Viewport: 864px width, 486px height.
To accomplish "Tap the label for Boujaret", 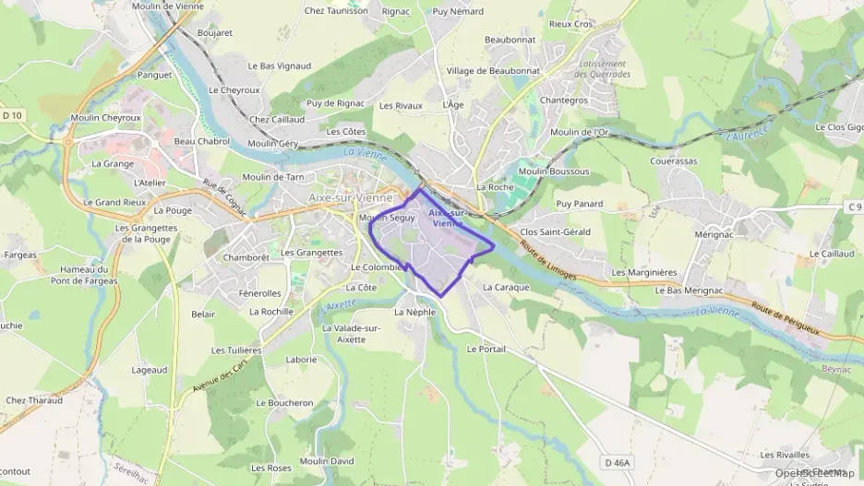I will (x=215, y=32).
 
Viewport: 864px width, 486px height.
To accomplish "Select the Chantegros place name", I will (x=564, y=100).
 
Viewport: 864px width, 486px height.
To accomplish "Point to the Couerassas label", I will (x=673, y=160).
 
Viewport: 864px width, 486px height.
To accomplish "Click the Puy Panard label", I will (x=579, y=204).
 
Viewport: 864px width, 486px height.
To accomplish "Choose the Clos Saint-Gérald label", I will (x=555, y=232).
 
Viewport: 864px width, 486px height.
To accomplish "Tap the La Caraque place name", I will (x=506, y=288).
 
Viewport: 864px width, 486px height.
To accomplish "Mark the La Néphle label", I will (x=414, y=313).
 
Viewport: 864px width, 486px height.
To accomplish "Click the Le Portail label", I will (x=486, y=350).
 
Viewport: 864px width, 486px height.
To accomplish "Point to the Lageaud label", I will (x=150, y=370).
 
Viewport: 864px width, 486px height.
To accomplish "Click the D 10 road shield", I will (x=12, y=115).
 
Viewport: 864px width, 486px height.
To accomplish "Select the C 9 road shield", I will (x=854, y=207).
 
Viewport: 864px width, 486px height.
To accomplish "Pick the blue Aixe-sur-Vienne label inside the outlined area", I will (x=446, y=218).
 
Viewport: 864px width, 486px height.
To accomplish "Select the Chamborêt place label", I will (x=246, y=257).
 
